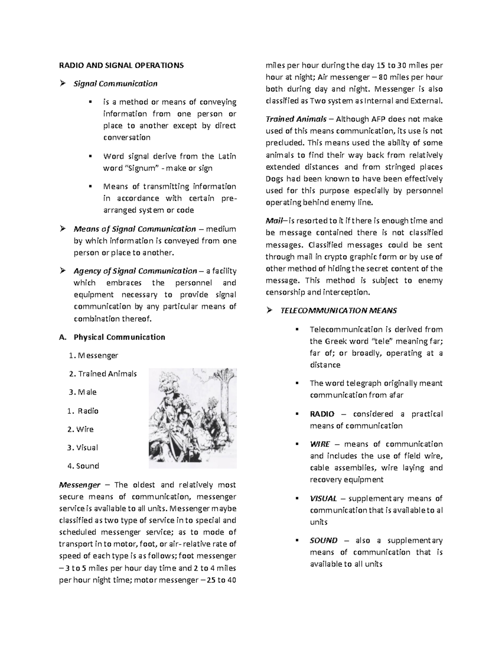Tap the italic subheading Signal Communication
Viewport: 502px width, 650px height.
pyautogui.click(x=115, y=84)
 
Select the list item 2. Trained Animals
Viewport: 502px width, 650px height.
pyautogui.click(x=103, y=374)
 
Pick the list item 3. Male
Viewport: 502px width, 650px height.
pyautogui.click(x=83, y=392)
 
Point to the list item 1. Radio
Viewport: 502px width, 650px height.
pyautogui.click(x=83, y=411)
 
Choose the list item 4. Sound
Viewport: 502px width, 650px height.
pyautogui.click(x=83, y=466)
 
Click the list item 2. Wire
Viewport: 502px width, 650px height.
pyautogui.click(x=81, y=429)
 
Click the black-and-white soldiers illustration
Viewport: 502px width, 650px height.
pyautogui.click(x=193, y=418)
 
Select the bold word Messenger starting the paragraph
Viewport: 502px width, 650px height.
pyautogui.click(x=80, y=485)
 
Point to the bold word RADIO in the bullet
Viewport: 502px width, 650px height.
pyautogui.click(x=322, y=414)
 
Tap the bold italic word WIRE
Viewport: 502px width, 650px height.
pyautogui.click(x=320, y=444)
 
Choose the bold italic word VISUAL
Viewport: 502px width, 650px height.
pyautogui.click(x=323, y=498)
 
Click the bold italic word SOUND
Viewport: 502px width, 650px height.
pyautogui.click(x=323, y=540)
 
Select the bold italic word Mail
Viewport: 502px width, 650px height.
pyautogui.click(x=274, y=221)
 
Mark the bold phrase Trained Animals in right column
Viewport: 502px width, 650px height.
pyautogui.click(x=296, y=119)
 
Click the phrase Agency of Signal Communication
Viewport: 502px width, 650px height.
pyautogui.click(x=135, y=271)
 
